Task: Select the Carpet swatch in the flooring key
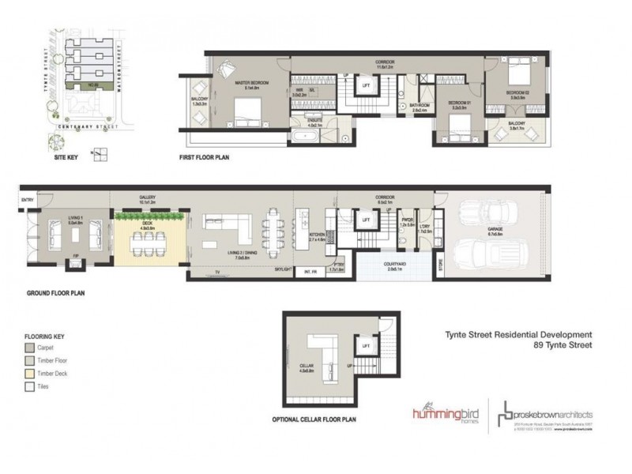[30, 348]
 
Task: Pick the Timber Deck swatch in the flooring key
[30, 374]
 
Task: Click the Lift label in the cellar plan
[366, 345]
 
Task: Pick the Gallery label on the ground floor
[147, 197]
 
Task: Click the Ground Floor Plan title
[55, 292]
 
